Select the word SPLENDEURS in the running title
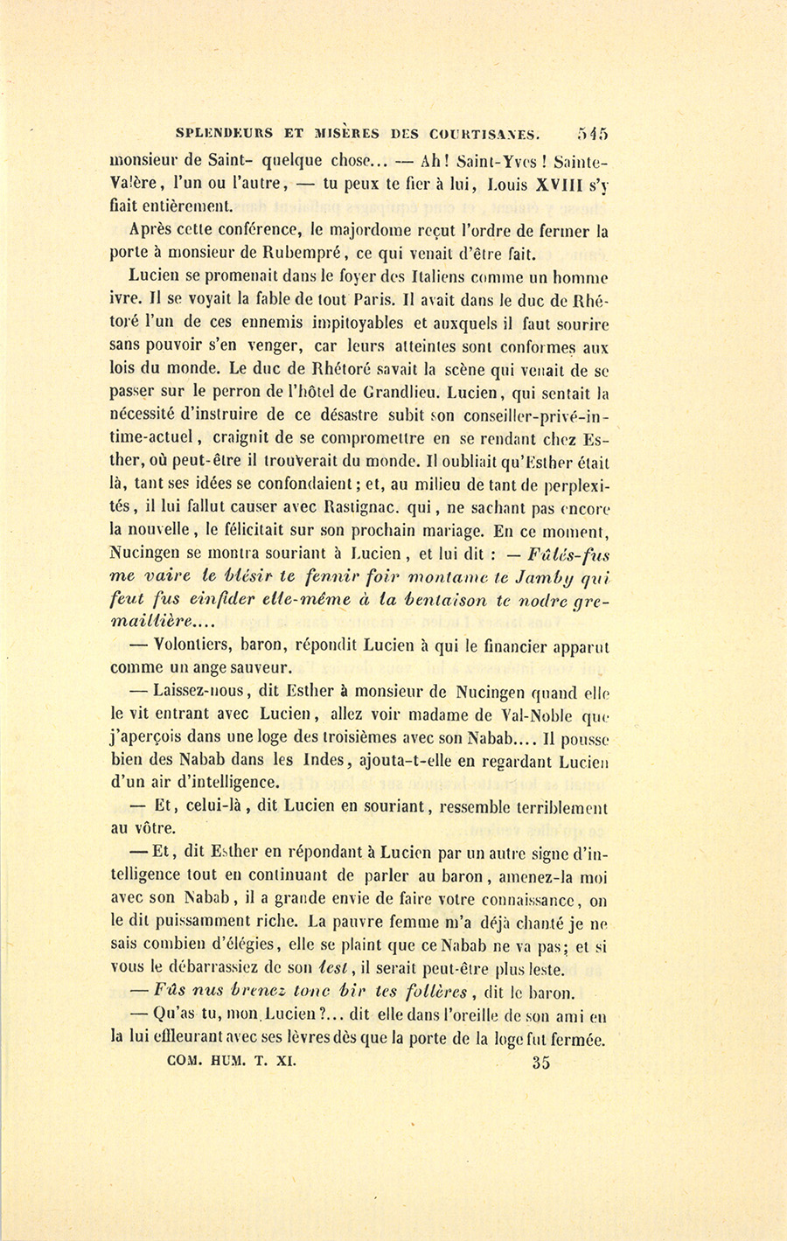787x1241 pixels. pos(223,135)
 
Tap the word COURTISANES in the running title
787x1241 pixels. pos(485,135)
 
